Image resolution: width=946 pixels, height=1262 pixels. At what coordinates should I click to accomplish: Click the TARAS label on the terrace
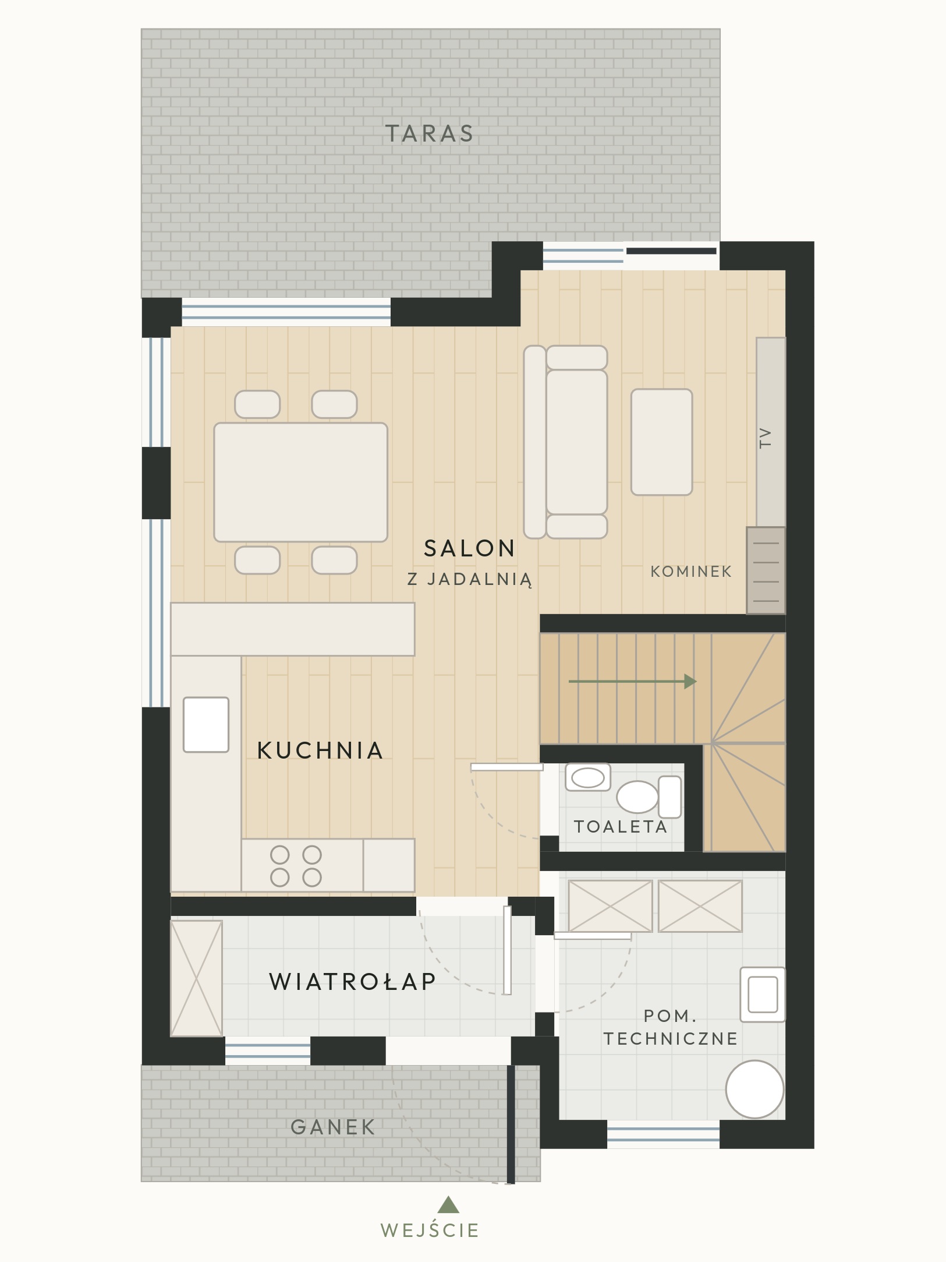tap(430, 133)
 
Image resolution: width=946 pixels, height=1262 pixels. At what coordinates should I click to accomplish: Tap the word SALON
tap(469, 548)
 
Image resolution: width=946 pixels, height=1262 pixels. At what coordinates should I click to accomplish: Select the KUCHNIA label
tap(320, 750)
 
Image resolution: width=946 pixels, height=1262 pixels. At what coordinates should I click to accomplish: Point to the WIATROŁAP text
tap(353, 982)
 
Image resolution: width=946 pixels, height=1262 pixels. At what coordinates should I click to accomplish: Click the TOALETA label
tap(621, 827)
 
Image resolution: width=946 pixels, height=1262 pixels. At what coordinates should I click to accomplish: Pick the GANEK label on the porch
tap(333, 1127)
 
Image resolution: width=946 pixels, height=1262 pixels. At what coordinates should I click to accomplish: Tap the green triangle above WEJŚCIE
tap(448, 1204)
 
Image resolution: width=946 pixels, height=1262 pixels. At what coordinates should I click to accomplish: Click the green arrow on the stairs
tap(633, 681)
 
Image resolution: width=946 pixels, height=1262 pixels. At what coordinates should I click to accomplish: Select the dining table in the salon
tap(300, 482)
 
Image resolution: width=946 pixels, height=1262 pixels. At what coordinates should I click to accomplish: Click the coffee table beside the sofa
tap(662, 442)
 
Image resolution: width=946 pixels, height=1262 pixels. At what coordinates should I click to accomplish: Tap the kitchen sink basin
tap(206, 725)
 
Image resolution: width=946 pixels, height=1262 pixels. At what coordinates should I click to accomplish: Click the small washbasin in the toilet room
tap(588, 777)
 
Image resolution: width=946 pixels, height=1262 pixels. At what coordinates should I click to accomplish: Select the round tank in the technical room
tap(754, 1090)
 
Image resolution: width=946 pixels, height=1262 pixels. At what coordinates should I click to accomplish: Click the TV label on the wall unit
tap(765, 438)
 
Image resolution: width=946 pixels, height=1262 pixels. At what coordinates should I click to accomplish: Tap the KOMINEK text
tap(691, 572)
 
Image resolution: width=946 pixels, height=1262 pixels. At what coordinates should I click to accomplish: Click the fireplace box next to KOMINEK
tap(766, 570)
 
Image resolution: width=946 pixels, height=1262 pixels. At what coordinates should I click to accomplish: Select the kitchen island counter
tap(293, 629)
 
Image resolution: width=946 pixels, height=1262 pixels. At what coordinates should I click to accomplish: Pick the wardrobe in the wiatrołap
tap(197, 978)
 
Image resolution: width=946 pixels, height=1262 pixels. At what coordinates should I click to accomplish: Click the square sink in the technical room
tap(763, 995)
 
